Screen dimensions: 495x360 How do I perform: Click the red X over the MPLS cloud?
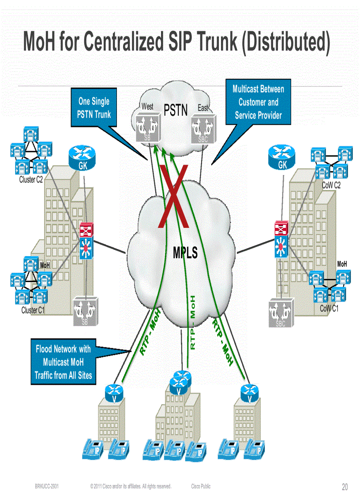tap(174, 197)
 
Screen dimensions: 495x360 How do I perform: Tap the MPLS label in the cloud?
tap(185, 253)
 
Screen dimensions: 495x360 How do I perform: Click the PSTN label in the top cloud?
tap(176, 110)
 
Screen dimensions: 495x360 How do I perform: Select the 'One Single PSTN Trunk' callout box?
tap(94, 108)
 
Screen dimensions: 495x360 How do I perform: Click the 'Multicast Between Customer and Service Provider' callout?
tap(258, 102)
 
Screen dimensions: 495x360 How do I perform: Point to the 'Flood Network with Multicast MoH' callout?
tap(63, 362)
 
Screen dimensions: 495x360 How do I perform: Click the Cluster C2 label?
tap(31, 180)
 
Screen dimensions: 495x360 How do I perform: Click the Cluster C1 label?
tap(33, 310)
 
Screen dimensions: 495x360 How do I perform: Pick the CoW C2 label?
tap(331, 186)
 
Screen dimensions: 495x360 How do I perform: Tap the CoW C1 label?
tap(329, 309)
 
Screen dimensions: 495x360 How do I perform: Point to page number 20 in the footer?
tap(345, 487)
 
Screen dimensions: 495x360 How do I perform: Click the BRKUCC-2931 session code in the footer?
tap(47, 487)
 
